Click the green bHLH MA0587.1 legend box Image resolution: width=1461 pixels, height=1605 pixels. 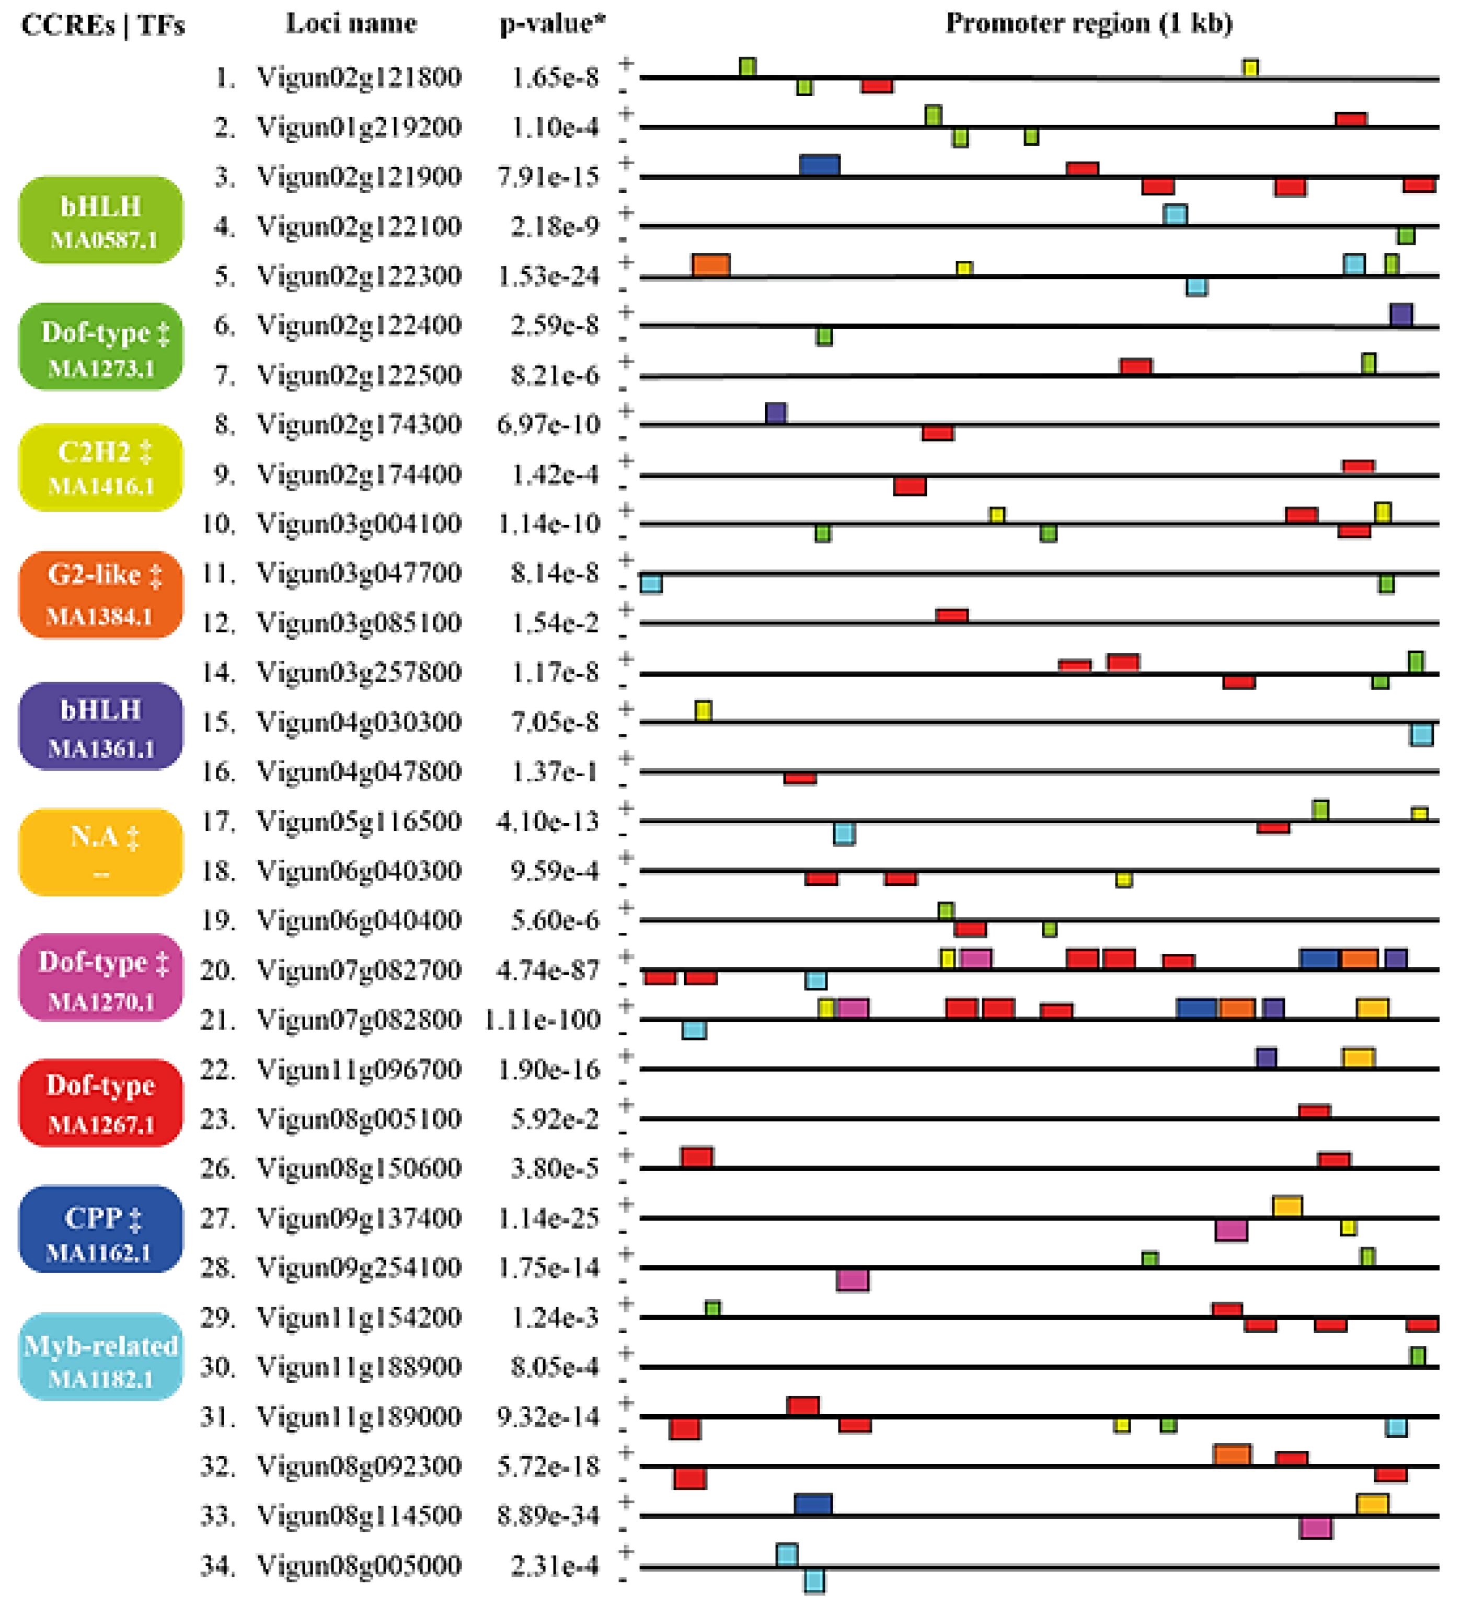(x=100, y=220)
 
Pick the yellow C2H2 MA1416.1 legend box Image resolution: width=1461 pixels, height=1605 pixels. (x=100, y=467)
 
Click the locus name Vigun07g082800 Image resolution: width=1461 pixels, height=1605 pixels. (x=359, y=1019)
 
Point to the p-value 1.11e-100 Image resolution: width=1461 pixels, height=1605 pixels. (x=542, y=1019)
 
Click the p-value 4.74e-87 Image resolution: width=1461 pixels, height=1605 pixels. (x=548, y=969)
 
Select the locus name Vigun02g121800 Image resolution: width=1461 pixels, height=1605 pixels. (x=359, y=77)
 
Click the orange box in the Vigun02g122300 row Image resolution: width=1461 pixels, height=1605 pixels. (x=711, y=264)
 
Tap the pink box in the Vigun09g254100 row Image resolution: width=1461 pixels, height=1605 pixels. (x=852, y=1280)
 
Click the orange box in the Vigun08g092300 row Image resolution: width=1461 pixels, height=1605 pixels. (x=1232, y=1454)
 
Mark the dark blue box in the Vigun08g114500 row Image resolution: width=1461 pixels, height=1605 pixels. (x=813, y=1504)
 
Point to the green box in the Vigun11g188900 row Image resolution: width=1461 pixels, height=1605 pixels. (x=1417, y=1356)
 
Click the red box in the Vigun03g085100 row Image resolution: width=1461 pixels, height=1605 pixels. (x=951, y=616)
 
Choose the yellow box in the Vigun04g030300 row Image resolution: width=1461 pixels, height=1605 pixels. (x=703, y=710)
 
